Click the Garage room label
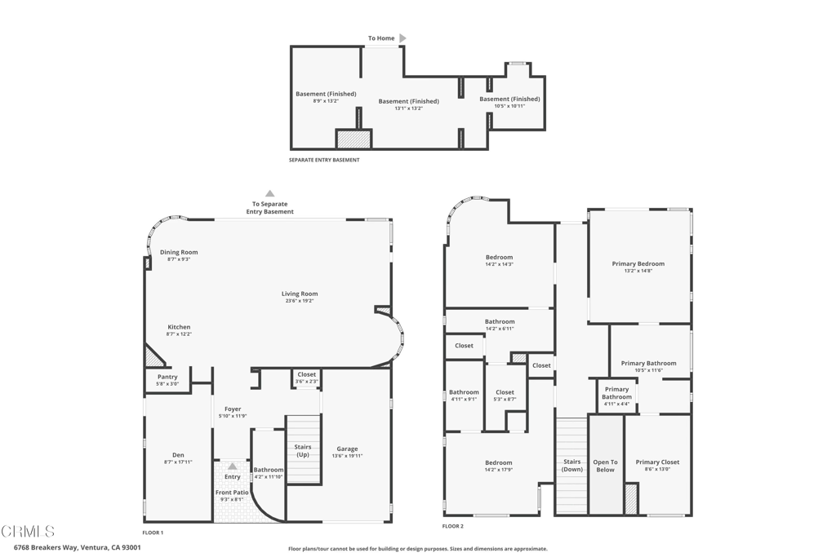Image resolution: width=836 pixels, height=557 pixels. pos(347,449)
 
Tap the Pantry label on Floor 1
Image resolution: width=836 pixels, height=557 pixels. pos(167,377)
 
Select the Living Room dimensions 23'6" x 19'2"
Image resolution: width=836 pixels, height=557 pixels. pos(300,301)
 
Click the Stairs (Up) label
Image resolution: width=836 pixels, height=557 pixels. pos(303,450)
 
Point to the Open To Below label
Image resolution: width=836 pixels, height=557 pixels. pos(605,466)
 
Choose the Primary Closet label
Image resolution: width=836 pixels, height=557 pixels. pos(657,462)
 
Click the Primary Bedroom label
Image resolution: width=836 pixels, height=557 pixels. pos(638,263)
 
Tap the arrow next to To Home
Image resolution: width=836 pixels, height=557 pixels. pos(402,38)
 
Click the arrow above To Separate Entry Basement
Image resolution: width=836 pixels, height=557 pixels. pos(269,193)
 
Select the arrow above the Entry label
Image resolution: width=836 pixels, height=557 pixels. pos(233,466)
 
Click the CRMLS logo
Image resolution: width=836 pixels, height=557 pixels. pos(29,532)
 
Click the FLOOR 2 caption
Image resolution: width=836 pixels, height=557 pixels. pos(452,527)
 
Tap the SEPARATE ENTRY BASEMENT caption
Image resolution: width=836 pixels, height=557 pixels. pos(324,160)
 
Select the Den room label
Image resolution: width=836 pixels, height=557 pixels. pos(178,455)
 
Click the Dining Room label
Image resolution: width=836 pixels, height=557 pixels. pos(179,252)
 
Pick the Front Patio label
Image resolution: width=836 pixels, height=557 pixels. pos(233,493)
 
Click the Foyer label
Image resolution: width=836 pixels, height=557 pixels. pos(233,409)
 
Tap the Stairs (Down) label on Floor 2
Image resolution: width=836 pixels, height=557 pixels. pos(572,466)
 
